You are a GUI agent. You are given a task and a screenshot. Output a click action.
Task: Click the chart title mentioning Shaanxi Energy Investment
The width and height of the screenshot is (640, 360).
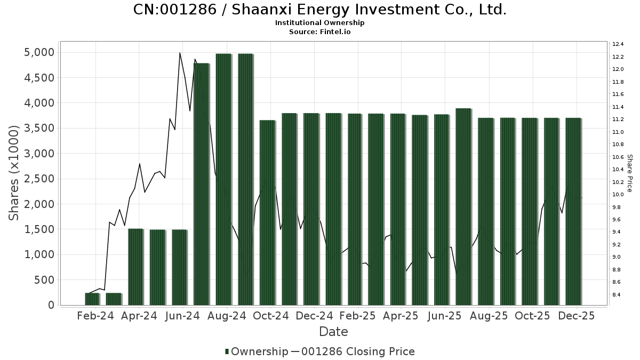tap(319, 10)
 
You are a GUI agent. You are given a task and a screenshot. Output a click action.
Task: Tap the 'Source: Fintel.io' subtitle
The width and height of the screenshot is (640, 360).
tap(319, 32)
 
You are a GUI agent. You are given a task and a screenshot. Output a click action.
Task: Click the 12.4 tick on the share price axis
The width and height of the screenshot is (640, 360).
tap(618, 44)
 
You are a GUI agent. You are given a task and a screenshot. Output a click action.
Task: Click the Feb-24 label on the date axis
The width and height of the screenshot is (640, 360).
tap(95, 316)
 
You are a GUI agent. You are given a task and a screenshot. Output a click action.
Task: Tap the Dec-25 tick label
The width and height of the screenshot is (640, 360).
tap(577, 316)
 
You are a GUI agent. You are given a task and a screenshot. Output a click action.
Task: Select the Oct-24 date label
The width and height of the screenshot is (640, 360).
tap(270, 316)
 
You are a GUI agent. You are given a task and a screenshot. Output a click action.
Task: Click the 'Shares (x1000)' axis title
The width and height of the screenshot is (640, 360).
tap(14, 173)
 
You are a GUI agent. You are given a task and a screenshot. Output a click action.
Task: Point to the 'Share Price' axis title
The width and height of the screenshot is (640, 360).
tap(630, 173)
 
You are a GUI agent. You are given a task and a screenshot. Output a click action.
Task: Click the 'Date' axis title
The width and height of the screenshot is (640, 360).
tap(333, 332)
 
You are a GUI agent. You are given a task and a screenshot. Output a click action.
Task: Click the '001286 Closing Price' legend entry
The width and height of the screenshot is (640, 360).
tap(358, 351)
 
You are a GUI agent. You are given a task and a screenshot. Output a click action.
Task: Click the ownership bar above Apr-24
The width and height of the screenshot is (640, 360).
tap(135, 267)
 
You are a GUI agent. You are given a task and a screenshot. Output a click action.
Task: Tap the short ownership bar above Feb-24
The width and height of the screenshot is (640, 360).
tap(92, 299)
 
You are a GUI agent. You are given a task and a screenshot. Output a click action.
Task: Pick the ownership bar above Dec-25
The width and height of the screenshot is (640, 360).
tap(573, 211)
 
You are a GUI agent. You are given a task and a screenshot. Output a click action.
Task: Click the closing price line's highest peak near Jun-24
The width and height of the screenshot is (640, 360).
tap(180, 53)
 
